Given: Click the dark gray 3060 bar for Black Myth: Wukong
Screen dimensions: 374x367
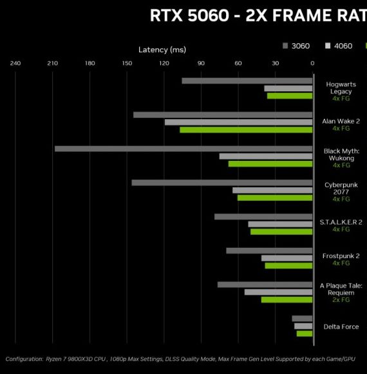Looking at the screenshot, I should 183,149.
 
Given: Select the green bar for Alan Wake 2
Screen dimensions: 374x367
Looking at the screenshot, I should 246,130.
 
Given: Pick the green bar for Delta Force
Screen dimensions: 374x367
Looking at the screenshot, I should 305,333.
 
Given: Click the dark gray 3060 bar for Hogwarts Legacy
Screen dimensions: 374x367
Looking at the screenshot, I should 247,81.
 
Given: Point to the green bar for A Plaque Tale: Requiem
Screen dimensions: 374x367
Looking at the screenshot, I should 287,300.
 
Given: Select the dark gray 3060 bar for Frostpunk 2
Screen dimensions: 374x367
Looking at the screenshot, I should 269,250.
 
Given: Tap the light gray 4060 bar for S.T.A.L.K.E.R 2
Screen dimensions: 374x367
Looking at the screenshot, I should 280,224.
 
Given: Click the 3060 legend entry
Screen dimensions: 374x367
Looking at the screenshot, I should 296,46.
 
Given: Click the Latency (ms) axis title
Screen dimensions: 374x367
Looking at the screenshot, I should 162,50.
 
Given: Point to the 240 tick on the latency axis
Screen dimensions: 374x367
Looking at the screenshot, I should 15,63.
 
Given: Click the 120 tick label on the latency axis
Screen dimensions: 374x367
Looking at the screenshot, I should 164,63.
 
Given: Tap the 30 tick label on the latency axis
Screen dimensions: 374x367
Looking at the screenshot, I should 275,63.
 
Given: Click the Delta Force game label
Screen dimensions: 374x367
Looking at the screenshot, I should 341,327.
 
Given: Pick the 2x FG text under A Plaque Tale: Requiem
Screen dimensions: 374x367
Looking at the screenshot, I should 341,300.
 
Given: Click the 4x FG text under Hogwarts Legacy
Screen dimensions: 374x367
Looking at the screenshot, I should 341,98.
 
